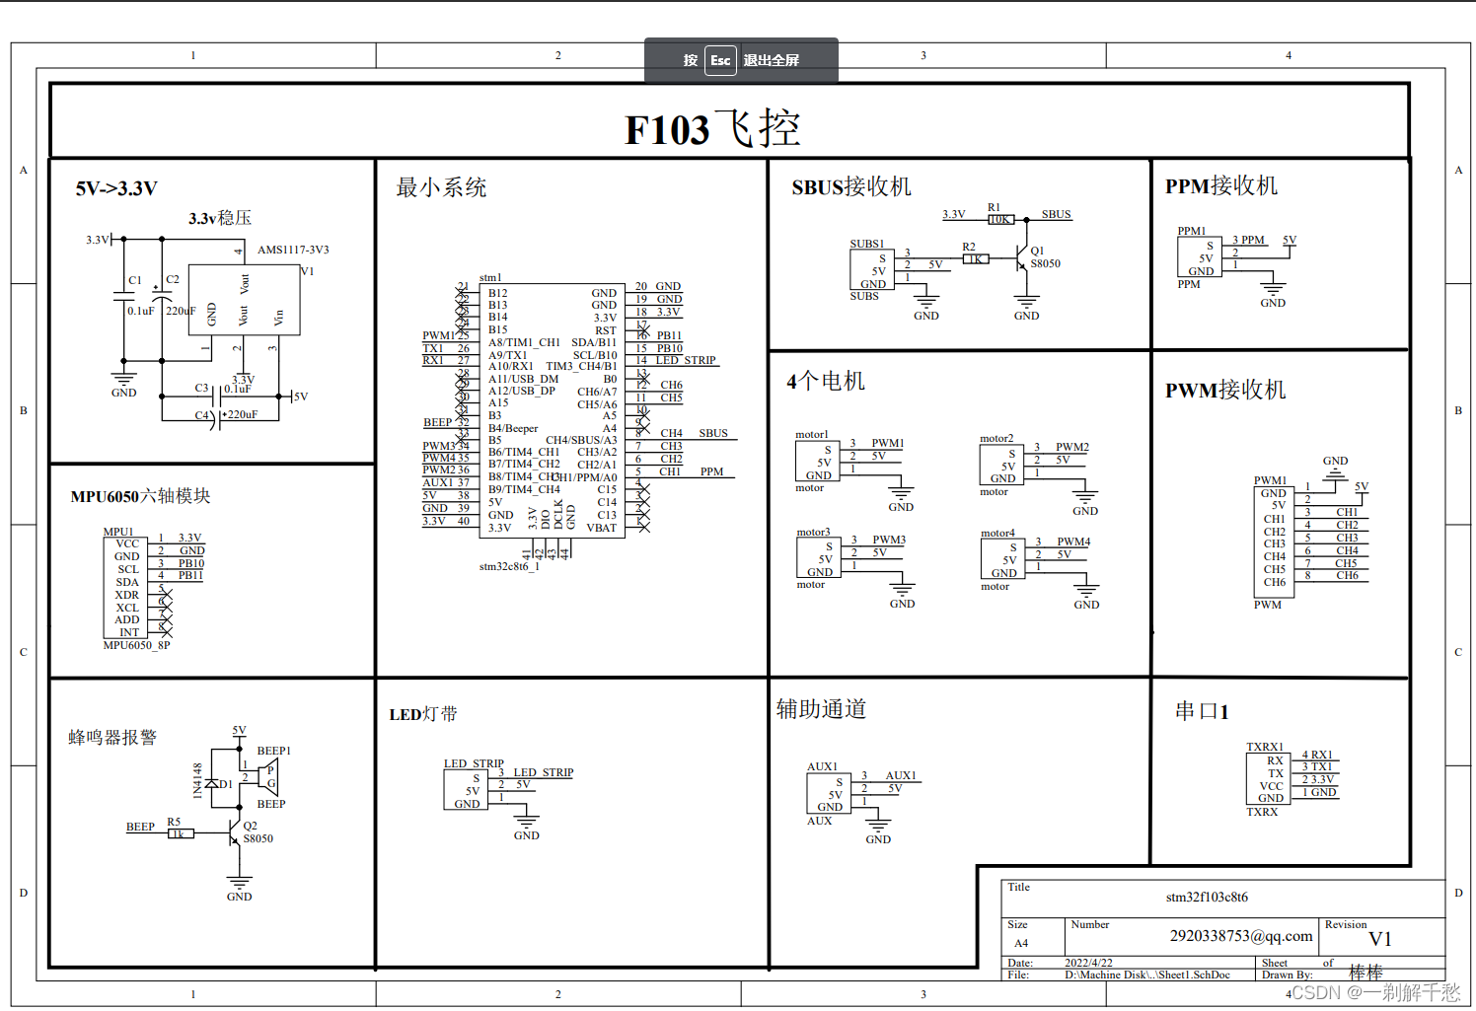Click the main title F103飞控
(x=712, y=129)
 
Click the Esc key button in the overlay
(x=720, y=60)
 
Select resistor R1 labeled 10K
(x=1000, y=219)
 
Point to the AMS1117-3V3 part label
(x=293, y=250)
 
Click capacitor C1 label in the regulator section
(x=135, y=280)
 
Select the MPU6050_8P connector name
(x=136, y=645)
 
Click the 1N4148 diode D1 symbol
(x=210, y=784)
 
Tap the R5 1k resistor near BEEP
(x=179, y=833)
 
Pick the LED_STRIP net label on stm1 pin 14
(x=686, y=360)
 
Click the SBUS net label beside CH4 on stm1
(x=713, y=433)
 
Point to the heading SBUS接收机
(x=851, y=186)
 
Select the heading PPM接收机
(x=1221, y=185)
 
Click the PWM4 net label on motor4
(x=1073, y=542)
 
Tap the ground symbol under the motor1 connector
(x=901, y=493)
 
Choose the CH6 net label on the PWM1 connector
(x=1347, y=575)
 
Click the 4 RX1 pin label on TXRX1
(x=1317, y=755)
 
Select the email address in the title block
(x=1241, y=935)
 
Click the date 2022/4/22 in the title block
(x=1088, y=963)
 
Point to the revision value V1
(x=1380, y=939)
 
